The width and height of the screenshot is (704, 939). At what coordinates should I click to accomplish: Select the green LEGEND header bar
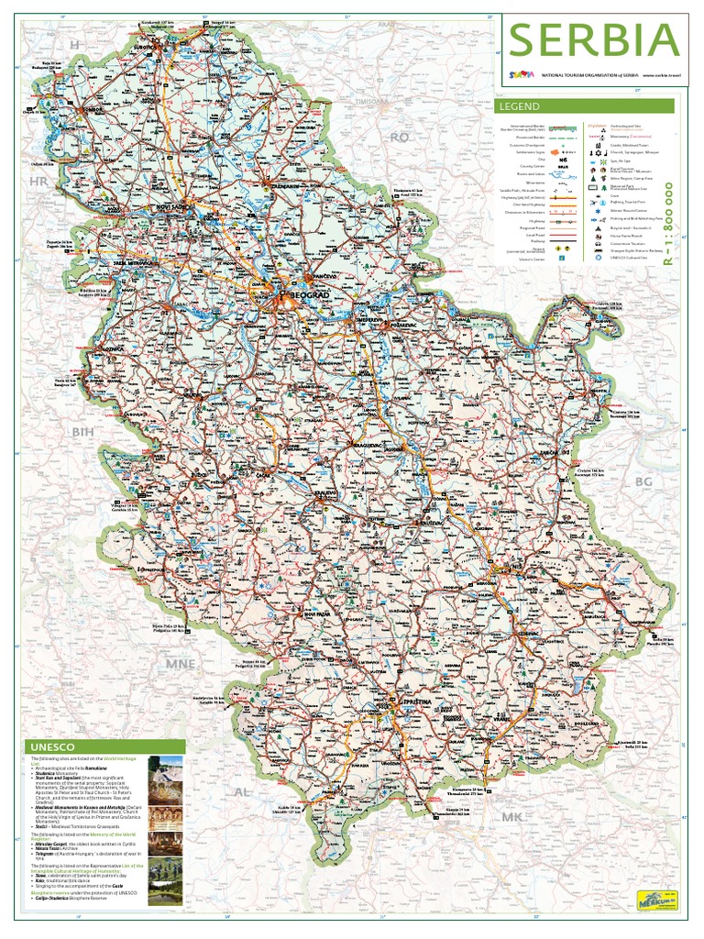(x=587, y=106)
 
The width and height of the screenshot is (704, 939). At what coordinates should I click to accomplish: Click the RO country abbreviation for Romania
(x=400, y=137)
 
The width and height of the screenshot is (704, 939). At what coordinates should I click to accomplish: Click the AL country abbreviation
(x=243, y=790)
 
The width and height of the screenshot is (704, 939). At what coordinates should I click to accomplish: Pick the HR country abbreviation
(x=37, y=183)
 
